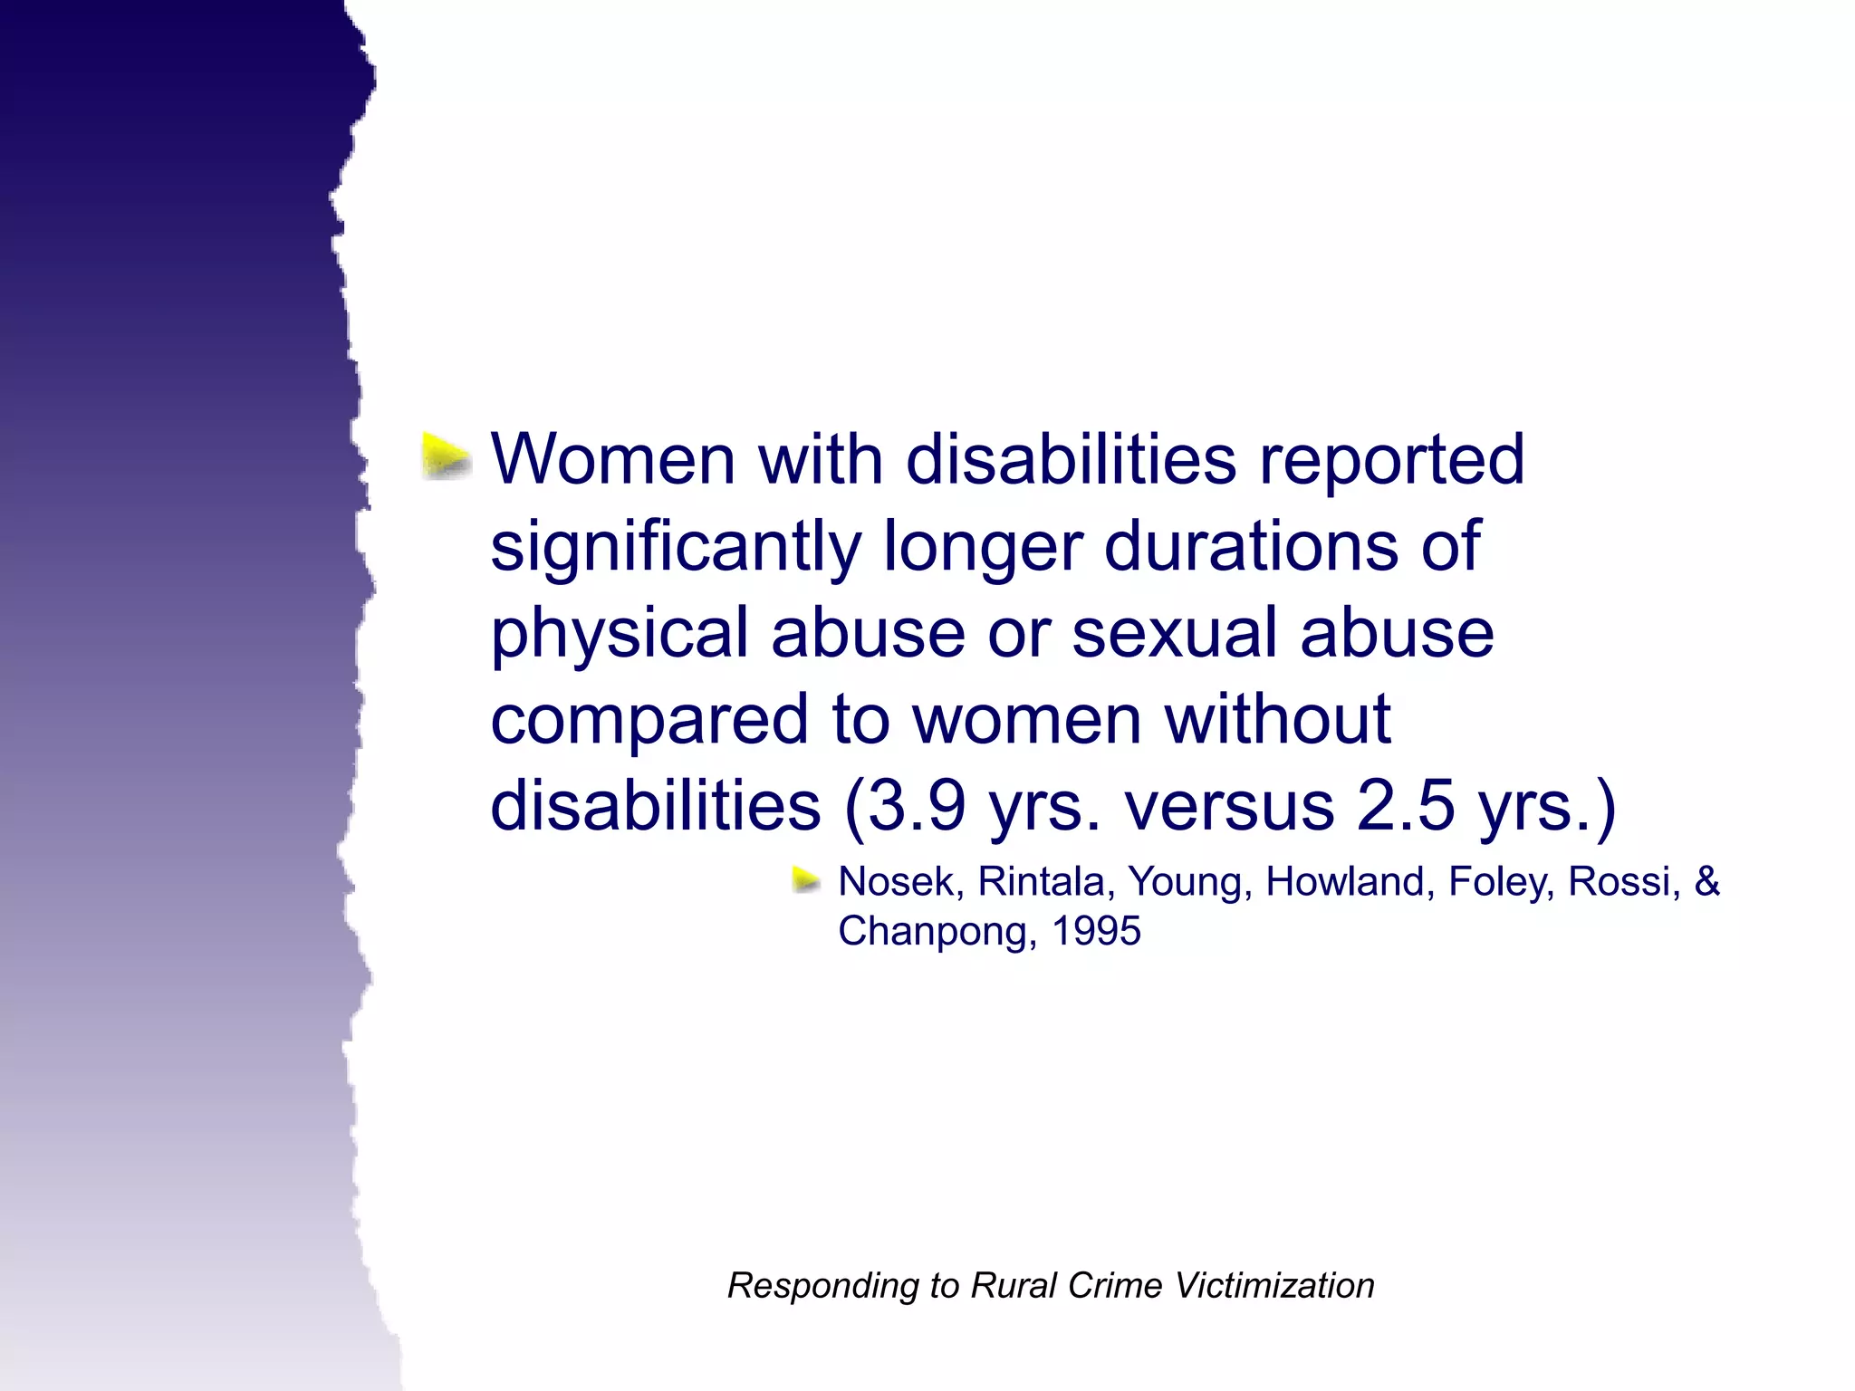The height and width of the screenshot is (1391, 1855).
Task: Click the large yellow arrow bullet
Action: tap(447, 456)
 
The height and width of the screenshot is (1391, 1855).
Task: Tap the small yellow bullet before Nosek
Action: tap(805, 879)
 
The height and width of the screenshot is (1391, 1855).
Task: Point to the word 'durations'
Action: tap(1251, 546)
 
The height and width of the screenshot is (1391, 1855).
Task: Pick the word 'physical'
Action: tap(620, 635)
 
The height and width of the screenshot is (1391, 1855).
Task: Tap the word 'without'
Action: tap(1277, 719)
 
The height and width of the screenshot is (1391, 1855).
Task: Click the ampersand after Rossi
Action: tap(1706, 882)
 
